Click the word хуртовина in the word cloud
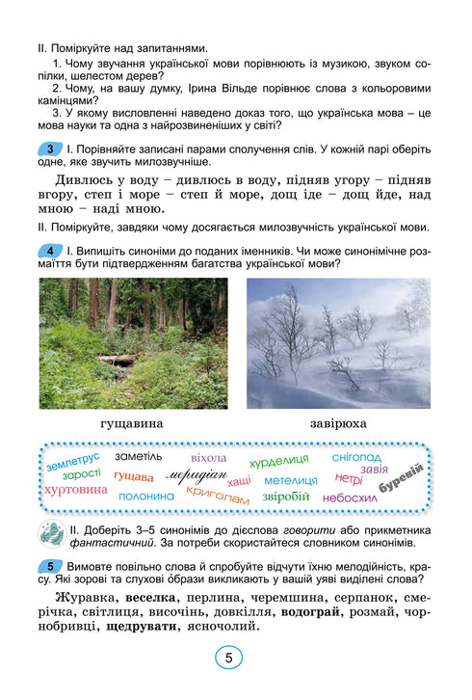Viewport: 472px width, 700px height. coord(76,490)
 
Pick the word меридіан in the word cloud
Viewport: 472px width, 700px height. coord(196,475)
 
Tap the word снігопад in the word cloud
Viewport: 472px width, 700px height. coord(356,456)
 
